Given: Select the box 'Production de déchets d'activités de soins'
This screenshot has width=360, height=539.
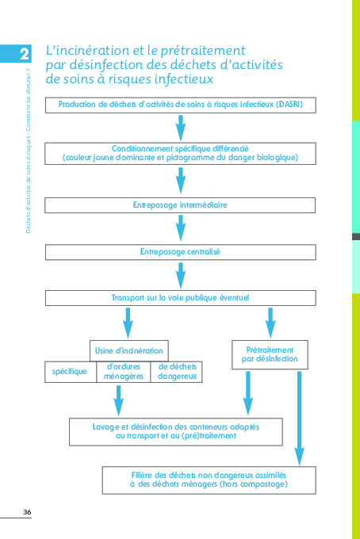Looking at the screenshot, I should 180,105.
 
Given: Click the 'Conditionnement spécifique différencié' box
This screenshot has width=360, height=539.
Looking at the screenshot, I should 180,153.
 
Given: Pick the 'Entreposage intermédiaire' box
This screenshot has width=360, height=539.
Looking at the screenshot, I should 180,205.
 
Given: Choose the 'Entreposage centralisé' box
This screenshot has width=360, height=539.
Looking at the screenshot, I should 180,251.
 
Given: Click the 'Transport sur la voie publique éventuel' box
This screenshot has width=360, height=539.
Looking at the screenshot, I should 180,298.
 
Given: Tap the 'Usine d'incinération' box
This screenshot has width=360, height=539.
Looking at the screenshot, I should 129,350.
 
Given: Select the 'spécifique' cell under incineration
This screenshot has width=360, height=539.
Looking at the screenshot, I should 70,372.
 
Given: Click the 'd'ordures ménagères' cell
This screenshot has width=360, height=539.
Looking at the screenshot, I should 124,372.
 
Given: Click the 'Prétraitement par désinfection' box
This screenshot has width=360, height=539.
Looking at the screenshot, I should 270,354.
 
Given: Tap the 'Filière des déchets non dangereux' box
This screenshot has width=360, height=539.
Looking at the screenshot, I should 209,480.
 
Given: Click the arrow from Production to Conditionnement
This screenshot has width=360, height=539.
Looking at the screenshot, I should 181,128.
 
